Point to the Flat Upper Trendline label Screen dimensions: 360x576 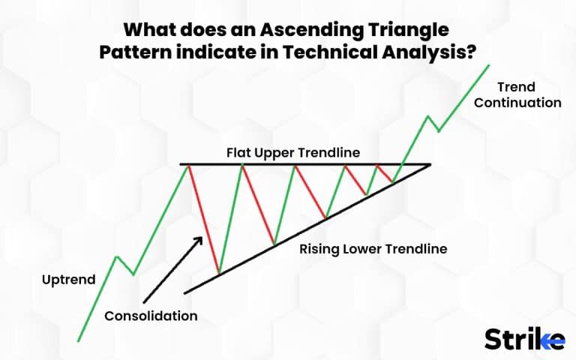pos(293,152)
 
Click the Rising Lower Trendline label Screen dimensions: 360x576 pos(373,248)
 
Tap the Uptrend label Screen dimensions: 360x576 pos(68,280)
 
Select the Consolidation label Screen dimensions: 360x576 pos(151,316)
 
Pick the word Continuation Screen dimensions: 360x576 pos(517,103)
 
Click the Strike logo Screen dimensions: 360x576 pos(523,338)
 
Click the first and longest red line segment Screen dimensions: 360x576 pos(203,217)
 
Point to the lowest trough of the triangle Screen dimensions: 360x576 pos(218,272)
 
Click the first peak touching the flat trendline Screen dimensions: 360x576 pos(188,164)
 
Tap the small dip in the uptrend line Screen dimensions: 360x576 pos(133,274)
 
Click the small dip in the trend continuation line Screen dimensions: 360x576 pos(438,131)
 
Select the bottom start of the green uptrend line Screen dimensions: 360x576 pos(78,341)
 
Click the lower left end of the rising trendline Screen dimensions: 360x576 pos(184,292)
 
